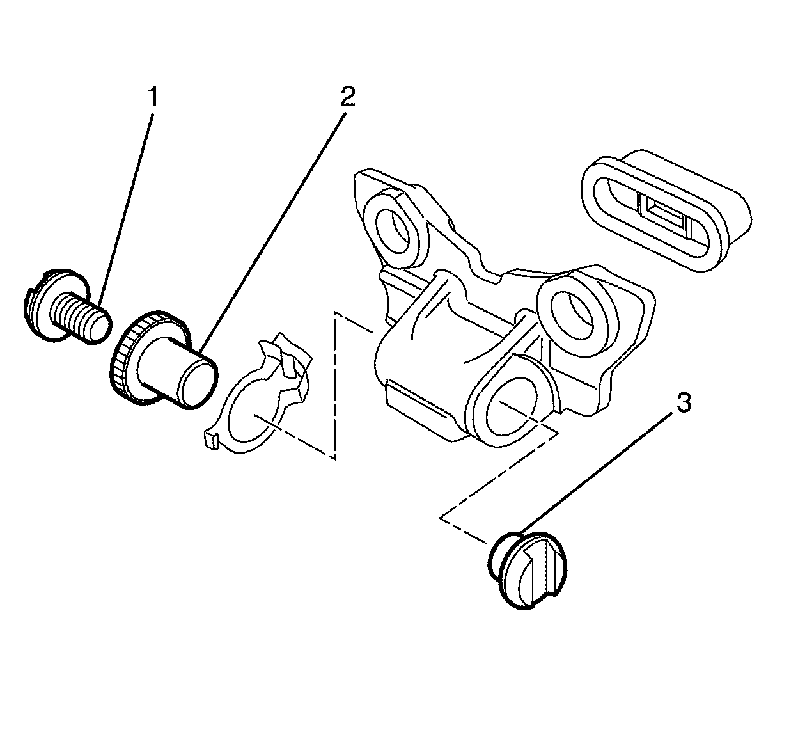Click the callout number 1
[x=152, y=98]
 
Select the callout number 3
[x=684, y=404]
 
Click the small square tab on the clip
[x=209, y=440]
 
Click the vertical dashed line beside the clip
[x=334, y=384]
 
